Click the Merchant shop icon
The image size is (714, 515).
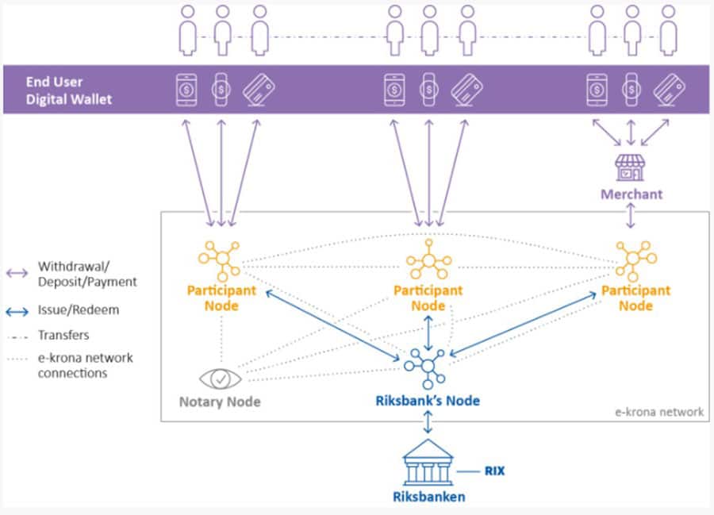click(631, 167)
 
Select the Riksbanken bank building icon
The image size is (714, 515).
click(428, 465)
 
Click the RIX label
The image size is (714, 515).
click(493, 471)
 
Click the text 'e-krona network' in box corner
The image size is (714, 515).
click(659, 411)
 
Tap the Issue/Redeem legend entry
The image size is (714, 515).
click(79, 309)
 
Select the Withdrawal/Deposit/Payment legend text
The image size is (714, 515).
click(87, 274)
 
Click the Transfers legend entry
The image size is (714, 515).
click(63, 335)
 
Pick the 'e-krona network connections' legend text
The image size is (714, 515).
click(86, 365)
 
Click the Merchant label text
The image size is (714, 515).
click(631, 194)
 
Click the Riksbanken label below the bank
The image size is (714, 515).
click(428, 498)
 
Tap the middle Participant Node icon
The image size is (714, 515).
click(428, 258)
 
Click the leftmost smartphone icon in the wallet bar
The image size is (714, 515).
click(186, 90)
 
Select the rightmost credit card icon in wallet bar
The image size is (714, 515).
click(668, 90)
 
